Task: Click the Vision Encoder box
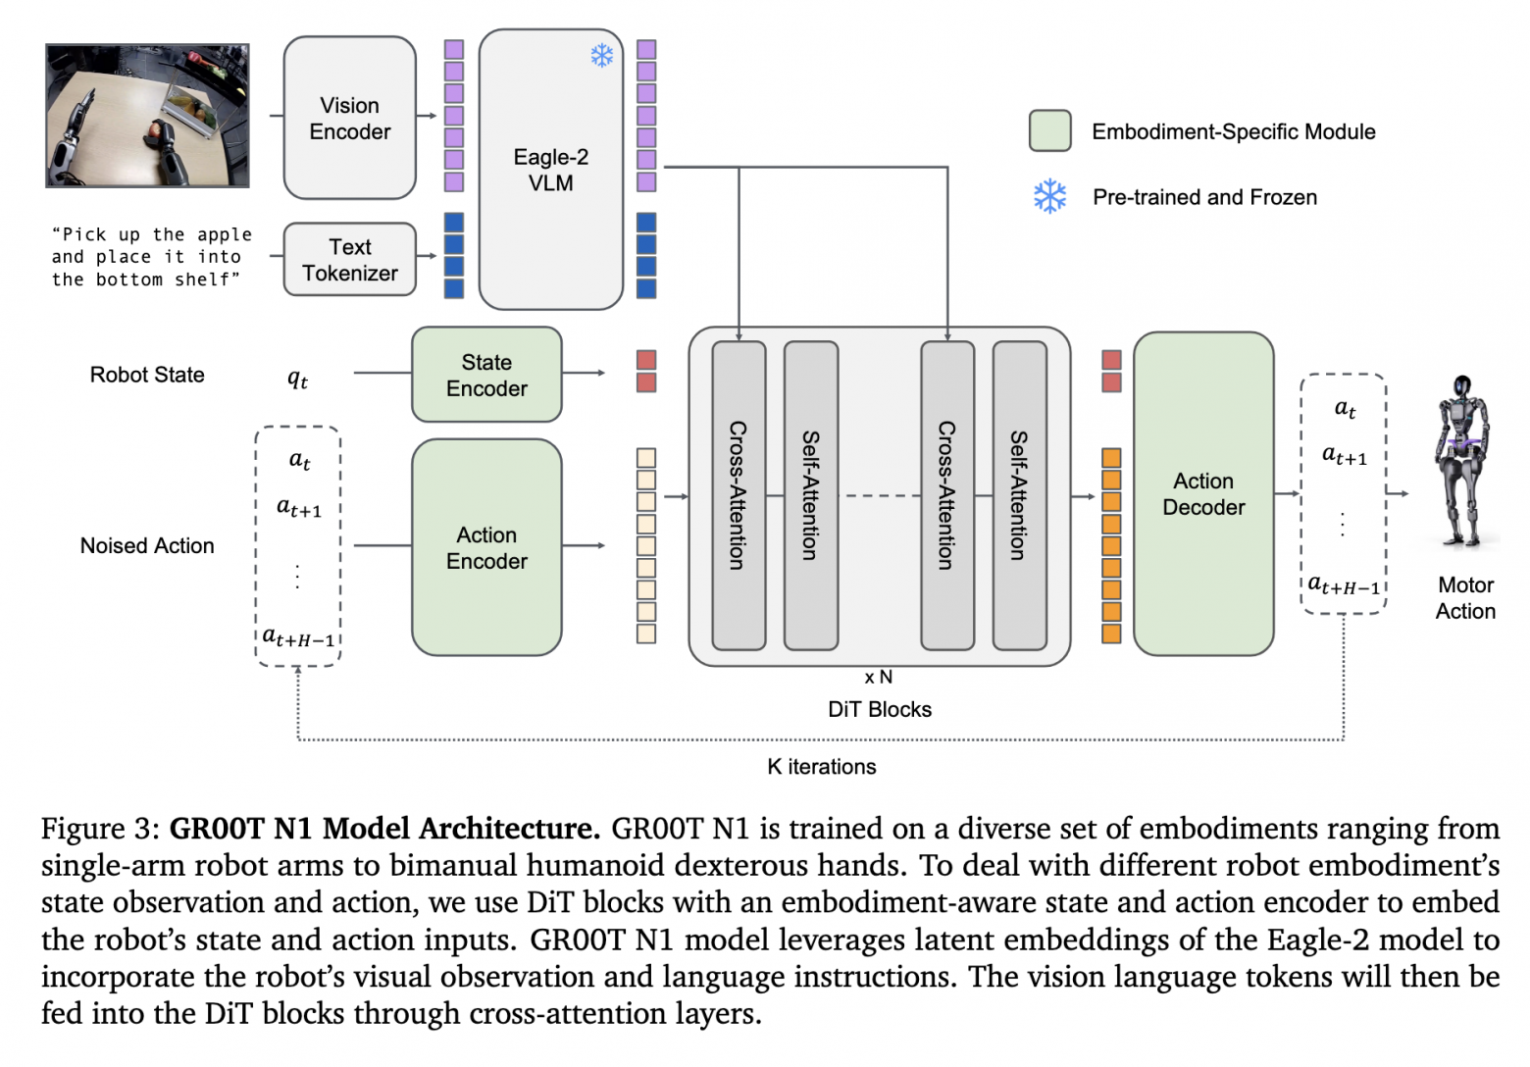coord(349,118)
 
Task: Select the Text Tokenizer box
coord(349,260)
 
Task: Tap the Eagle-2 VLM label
coord(550,170)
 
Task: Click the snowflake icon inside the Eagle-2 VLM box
coord(601,55)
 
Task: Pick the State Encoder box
coord(486,375)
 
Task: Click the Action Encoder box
coord(486,547)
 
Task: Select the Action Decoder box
coord(1203,494)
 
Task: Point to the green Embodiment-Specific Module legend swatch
coord(1049,131)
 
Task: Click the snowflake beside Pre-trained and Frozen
coord(1049,197)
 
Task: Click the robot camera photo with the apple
coord(147,116)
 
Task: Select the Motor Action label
coord(1465,598)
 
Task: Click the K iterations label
coord(822,767)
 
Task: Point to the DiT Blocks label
coord(880,710)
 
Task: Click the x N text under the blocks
coord(879,678)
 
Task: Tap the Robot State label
coord(147,375)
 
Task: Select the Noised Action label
coord(147,546)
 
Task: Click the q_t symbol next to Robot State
coord(297,379)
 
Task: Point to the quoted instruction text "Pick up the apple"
coord(152,235)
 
